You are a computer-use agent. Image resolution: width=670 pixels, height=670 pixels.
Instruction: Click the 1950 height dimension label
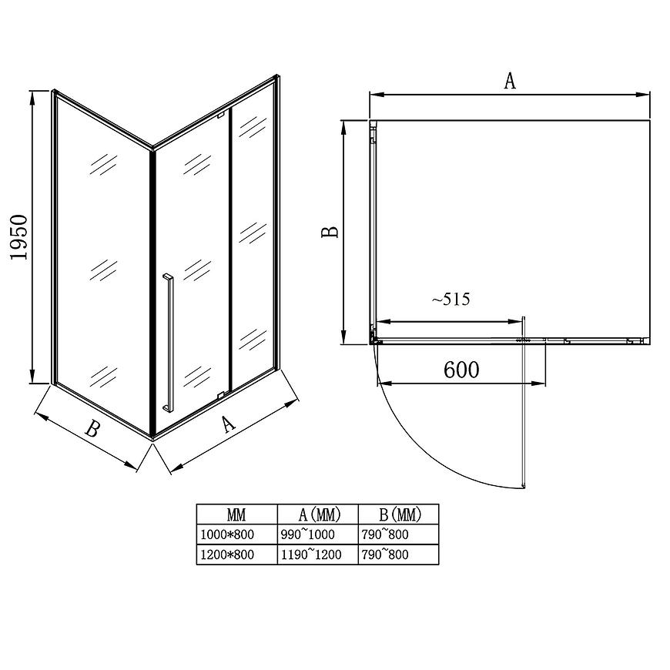click(x=18, y=237)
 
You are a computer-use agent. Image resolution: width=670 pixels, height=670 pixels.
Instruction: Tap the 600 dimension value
click(x=461, y=370)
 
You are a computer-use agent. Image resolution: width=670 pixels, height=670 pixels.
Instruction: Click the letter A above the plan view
click(x=509, y=81)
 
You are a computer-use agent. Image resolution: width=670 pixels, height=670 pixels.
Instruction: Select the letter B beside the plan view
click(x=330, y=231)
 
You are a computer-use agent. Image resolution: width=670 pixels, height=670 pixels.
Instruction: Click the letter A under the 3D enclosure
click(x=228, y=424)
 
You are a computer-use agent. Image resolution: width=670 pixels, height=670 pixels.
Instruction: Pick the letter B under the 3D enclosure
click(x=92, y=429)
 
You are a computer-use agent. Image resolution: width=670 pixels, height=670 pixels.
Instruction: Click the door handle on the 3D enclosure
click(x=168, y=342)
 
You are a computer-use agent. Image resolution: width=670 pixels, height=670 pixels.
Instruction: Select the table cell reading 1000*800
click(x=227, y=534)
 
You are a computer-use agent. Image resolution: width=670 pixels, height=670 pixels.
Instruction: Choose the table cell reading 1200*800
click(x=227, y=554)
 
